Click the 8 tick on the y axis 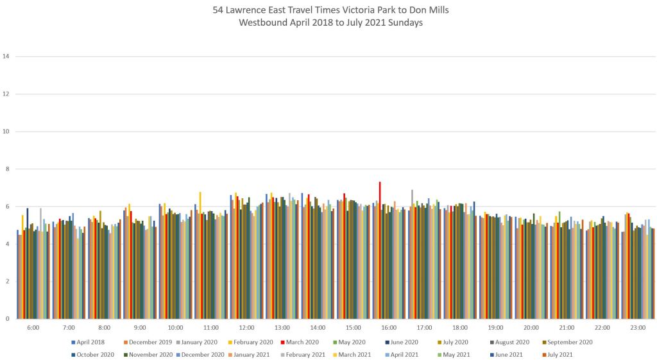[8, 169]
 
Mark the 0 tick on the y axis [8, 319]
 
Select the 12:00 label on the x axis [247, 327]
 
